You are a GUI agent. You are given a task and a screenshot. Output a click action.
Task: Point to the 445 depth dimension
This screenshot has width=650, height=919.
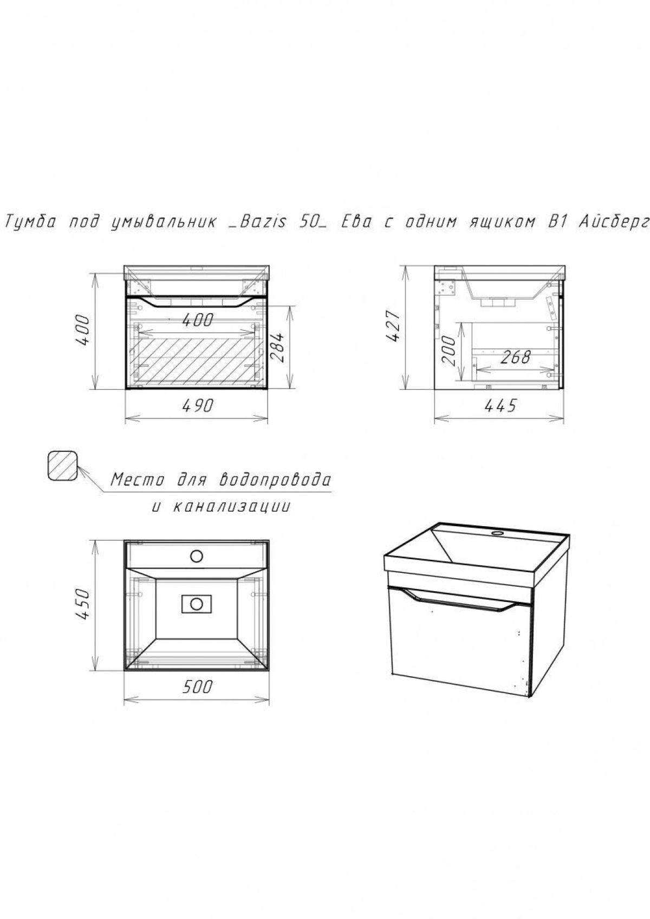[500, 406]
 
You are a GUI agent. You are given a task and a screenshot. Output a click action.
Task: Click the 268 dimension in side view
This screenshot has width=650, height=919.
[516, 357]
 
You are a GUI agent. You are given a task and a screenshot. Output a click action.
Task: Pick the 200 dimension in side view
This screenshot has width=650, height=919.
[449, 351]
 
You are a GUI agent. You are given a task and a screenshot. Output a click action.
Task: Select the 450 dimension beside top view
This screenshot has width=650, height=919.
[82, 604]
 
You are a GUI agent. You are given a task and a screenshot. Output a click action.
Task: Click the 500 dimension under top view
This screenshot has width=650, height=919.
[197, 687]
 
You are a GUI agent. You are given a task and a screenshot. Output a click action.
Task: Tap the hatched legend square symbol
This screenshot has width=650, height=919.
[63, 465]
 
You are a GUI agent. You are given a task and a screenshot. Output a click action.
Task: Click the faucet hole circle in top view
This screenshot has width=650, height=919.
[197, 556]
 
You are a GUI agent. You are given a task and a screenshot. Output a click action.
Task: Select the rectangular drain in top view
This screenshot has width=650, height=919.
[197, 604]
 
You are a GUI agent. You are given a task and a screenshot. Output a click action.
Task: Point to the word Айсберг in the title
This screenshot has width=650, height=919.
[614, 222]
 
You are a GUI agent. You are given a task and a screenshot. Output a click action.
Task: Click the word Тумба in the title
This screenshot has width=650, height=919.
[30, 222]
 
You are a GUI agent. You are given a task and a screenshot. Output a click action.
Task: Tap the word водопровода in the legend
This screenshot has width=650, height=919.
[275, 480]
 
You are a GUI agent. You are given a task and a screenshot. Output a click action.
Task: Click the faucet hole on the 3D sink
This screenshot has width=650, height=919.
[498, 533]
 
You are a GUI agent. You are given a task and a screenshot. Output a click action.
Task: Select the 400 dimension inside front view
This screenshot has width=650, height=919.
[197, 320]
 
